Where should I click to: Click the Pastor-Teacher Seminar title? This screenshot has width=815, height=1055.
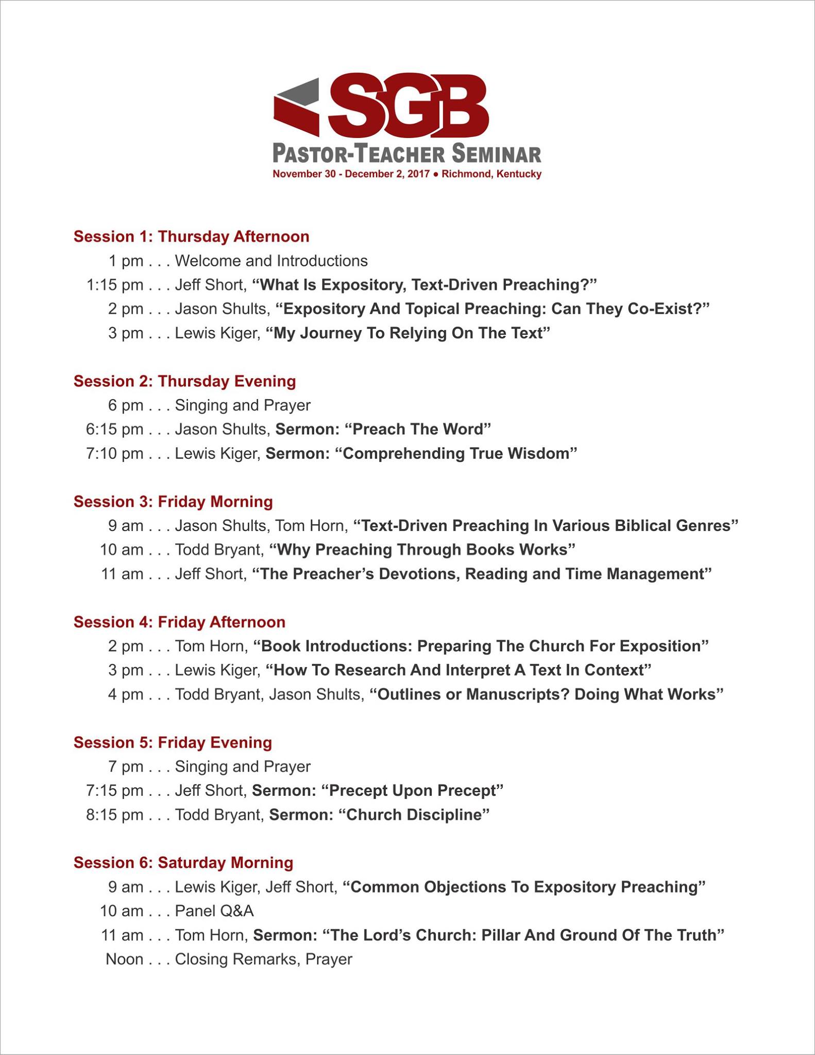(406, 154)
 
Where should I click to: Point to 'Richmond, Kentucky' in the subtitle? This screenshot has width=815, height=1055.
(491, 174)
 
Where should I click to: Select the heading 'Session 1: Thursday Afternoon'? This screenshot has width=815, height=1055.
(191, 236)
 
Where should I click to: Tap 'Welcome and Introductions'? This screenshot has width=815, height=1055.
(271, 261)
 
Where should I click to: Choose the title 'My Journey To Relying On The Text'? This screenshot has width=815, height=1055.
(408, 333)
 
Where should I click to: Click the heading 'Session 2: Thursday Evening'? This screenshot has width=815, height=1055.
(184, 381)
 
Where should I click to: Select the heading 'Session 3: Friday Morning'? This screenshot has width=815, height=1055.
(173, 502)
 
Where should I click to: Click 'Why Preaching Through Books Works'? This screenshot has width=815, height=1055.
(422, 550)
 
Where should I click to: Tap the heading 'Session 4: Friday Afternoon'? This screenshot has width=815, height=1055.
(179, 622)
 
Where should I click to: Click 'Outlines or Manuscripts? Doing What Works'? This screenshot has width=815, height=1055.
(547, 694)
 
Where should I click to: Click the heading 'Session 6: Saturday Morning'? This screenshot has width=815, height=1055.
(183, 863)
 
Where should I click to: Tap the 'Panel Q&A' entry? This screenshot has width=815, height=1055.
(214, 911)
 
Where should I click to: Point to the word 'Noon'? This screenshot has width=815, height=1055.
(124, 959)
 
